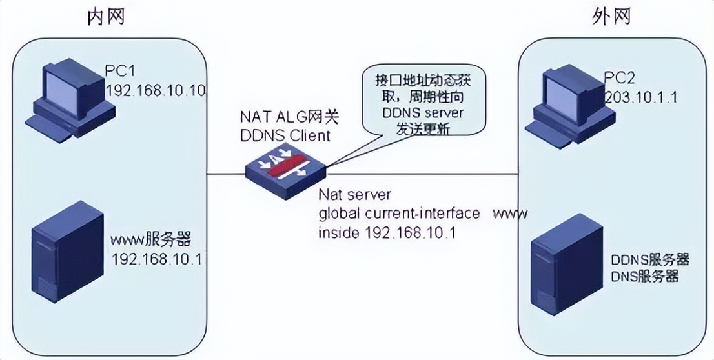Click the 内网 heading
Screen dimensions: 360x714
point(106,17)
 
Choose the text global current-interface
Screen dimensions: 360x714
point(400,213)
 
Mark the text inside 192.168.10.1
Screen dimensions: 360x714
point(387,232)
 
